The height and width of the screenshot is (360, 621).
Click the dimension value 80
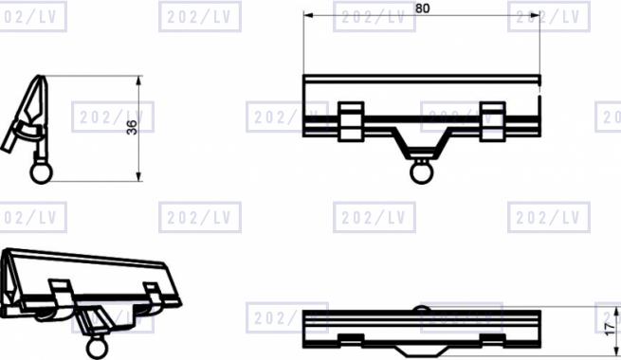[x=422, y=9]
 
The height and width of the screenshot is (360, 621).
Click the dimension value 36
[x=132, y=127]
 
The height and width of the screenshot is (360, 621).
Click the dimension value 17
[x=611, y=328]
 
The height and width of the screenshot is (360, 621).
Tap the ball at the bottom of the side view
[x=41, y=172]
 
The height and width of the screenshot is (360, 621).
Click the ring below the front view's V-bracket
[x=421, y=172]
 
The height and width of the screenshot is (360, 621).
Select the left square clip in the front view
[x=351, y=121]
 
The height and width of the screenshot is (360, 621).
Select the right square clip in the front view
[x=492, y=121]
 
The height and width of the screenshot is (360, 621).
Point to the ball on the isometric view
[x=97, y=348]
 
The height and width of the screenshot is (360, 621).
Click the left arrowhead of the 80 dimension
[x=308, y=16]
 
